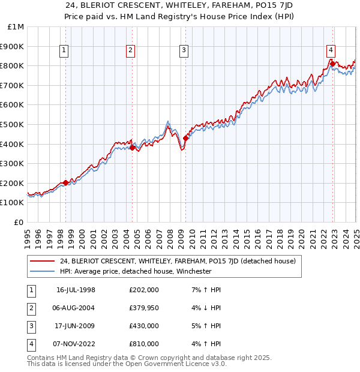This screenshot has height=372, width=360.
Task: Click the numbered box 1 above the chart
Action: click(64, 51)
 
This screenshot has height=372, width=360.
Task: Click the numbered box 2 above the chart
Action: click(130, 51)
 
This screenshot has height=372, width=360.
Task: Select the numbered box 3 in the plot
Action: click(184, 51)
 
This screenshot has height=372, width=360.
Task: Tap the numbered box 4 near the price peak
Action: click(331, 50)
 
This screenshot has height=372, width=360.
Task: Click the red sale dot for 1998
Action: click(65, 182)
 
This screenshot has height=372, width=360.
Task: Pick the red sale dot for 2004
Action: click(133, 148)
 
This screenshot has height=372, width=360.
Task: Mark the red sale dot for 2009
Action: click(186, 138)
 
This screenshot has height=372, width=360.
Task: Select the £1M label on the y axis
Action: click(16, 27)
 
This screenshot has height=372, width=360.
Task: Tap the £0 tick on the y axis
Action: click(19, 222)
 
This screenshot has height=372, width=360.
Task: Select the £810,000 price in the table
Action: click(144, 344)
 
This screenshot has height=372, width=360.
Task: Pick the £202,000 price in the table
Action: click(144, 290)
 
